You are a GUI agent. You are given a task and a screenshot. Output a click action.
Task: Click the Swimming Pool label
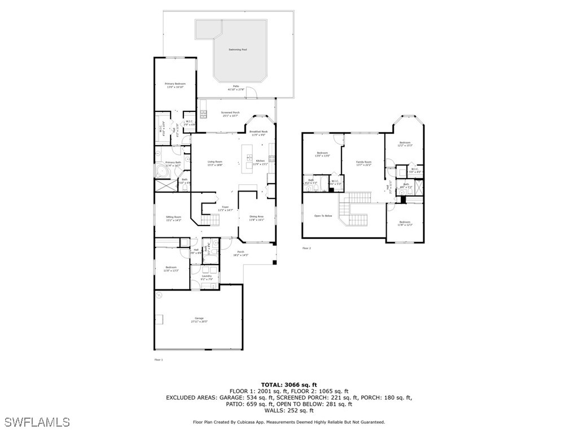click(x=238, y=50)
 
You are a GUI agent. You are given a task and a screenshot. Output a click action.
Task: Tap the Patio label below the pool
click(x=236, y=88)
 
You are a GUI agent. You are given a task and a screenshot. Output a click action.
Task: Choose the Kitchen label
click(x=260, y=162)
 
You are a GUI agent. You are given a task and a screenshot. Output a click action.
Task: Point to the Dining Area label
click(x=257, y=218)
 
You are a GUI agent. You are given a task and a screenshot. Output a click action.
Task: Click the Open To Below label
click(x=323, y=215)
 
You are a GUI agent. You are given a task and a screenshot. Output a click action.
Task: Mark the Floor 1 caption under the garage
click(x=159, y=359)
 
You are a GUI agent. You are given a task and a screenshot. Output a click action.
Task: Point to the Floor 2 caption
click(x=306, y=248)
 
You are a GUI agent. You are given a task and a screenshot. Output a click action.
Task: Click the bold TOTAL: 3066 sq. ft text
click(x=288, y=384)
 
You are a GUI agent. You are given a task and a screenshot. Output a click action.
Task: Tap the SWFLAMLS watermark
click(x=37, y=422)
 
